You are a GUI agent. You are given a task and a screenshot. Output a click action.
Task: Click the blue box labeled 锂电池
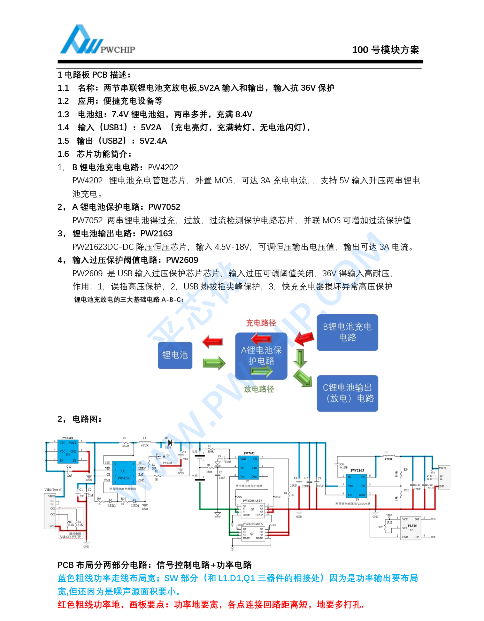click(x=175, y=355)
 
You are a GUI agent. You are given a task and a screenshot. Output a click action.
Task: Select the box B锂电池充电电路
click(x=347, y=332)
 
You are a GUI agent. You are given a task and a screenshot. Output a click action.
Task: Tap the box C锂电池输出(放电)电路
click(x=347, y=393)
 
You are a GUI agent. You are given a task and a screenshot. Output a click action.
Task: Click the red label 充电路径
click(x=261, y=323)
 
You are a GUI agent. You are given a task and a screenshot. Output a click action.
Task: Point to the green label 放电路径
click(x=259, y=389)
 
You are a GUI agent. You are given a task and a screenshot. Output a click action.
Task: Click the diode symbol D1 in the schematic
click(x=170, y=443)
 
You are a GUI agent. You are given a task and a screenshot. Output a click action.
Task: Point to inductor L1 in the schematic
click(x=145, y=442)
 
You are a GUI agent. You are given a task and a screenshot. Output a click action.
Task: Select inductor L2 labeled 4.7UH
click(x=388, y=456)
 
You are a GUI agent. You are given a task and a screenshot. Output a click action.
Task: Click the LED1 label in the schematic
click(x=135, y=506)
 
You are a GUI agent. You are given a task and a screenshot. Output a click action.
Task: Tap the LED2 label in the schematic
click(x=111, y=506)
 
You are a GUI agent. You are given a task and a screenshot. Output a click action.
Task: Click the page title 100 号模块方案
click(x=385, y=50)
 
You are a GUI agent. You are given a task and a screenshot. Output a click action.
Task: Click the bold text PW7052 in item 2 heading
click(x=164, y=207)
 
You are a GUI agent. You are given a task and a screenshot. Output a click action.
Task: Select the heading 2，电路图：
click(x=80, y=419)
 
